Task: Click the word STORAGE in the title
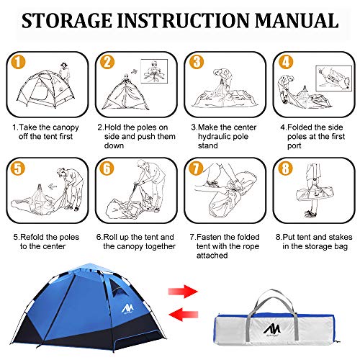pos(67,21)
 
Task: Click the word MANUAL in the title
pos(297,21)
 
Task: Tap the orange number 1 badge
pos(18,62)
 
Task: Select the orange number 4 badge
pos(286,62)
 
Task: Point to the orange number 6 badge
pos(107,168)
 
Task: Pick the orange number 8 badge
pos(285,168)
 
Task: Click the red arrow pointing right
pos(183,292)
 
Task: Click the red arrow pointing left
pos(184,314)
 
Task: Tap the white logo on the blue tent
pos(127,309)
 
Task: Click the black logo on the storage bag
pos(272,328)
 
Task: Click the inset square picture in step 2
pos(154,71)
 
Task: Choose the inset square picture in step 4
pos(333,78)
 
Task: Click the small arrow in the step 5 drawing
pos(53,186)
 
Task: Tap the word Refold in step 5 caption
pos(32,237)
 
